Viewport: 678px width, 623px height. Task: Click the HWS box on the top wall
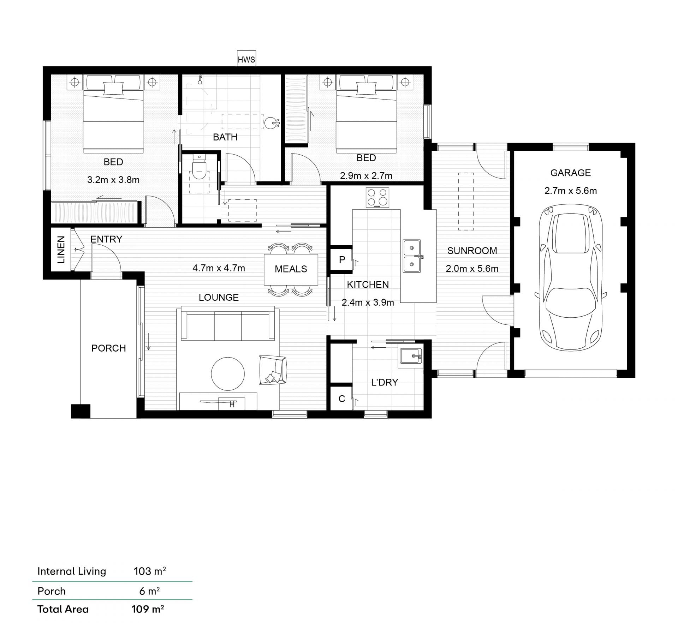coord(246,59)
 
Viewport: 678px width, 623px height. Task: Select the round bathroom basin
coord(271,123)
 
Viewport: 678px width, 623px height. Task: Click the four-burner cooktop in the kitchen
coord(377,197)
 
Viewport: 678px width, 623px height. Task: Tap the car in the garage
coord(571,277)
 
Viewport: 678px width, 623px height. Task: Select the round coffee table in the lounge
coord(228,374)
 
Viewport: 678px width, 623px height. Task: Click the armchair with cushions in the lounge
coord(273,370)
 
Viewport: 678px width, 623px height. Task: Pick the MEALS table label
coord(291,269)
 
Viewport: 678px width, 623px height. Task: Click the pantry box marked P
coord(342,260)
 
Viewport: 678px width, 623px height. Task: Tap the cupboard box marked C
coord(341,399)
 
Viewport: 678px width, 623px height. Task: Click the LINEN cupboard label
coord(61,250)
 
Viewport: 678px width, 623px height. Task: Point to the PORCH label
coord(108,348)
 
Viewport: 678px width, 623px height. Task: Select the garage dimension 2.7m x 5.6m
coord(571,191)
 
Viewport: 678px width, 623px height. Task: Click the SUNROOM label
coord(472,251)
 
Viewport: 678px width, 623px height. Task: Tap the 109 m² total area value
coord(148,609)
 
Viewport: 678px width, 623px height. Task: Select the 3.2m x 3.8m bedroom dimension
coord(113,180)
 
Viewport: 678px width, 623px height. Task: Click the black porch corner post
coord(81,411)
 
